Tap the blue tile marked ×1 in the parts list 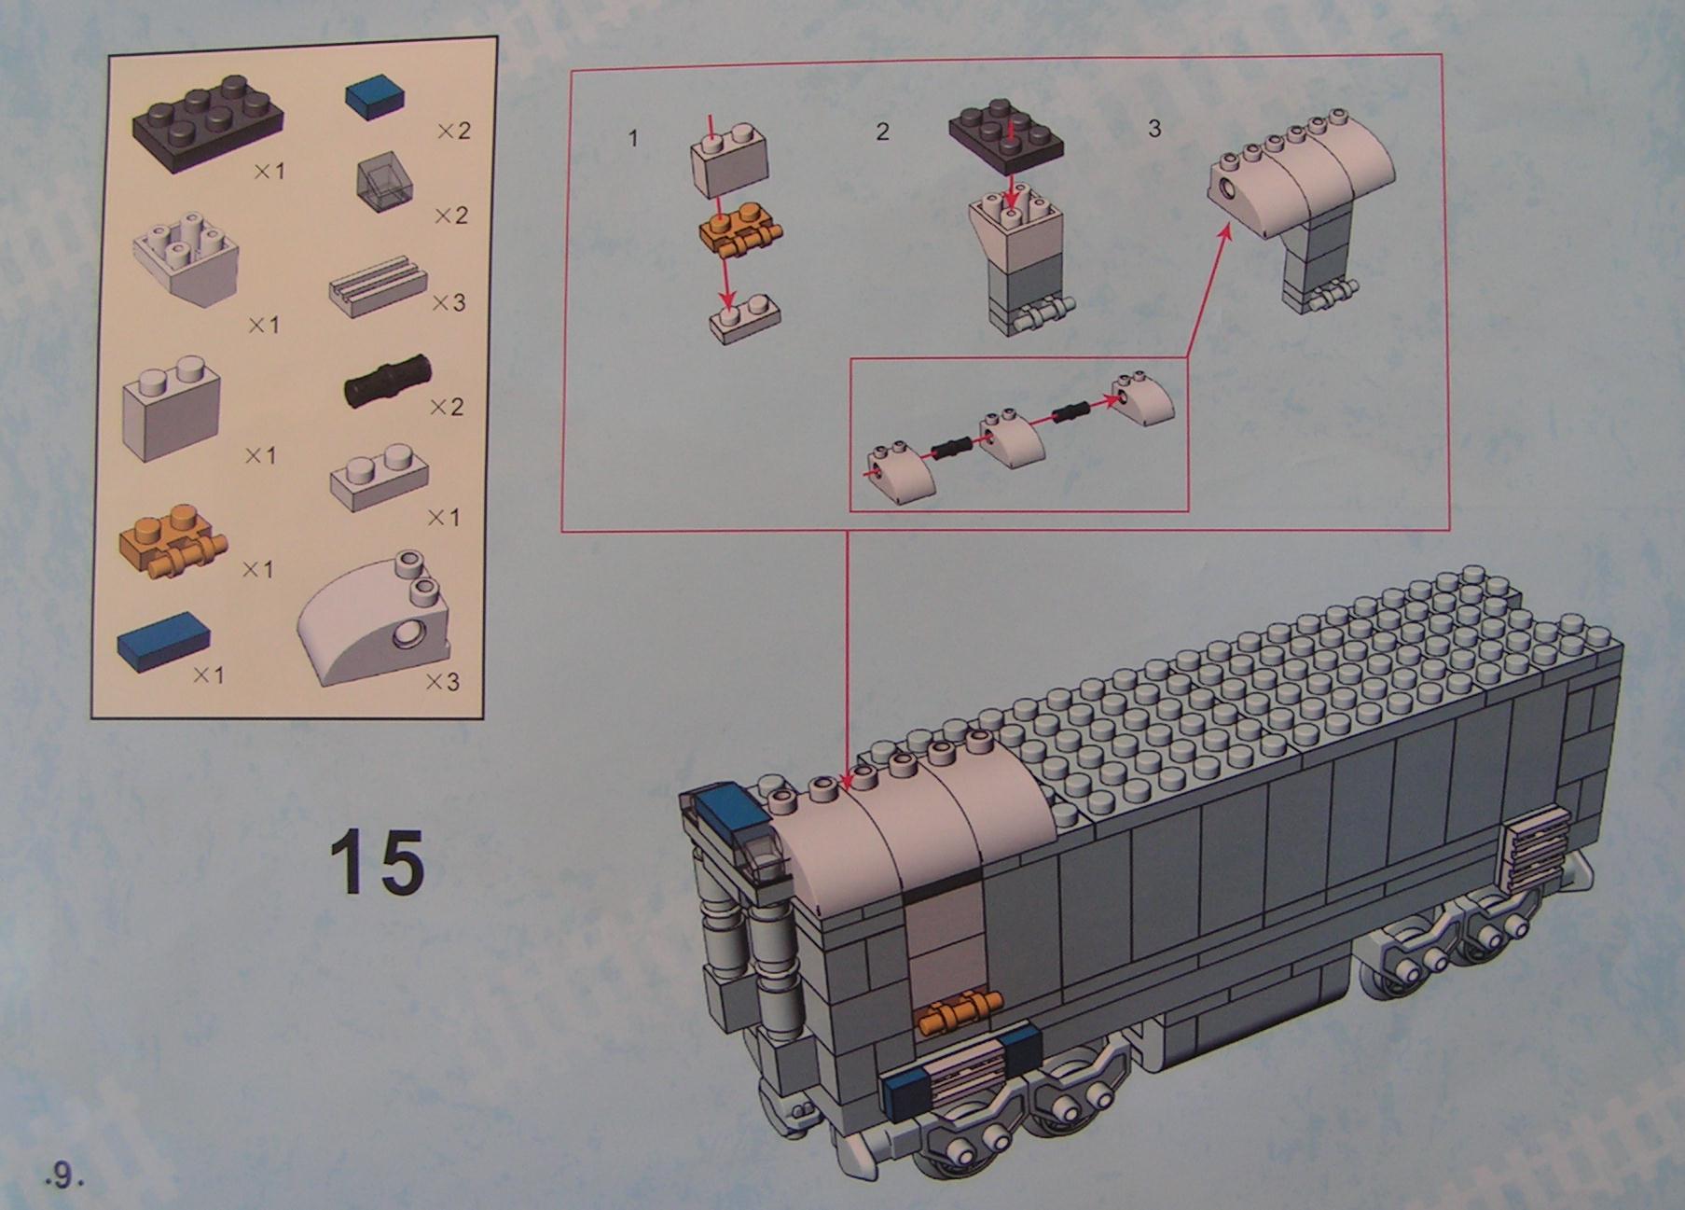[163, 642]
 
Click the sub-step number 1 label [633, 139]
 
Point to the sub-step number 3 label [1153, 128]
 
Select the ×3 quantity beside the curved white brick [443, 682]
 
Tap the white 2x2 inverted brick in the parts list [187, 260]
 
